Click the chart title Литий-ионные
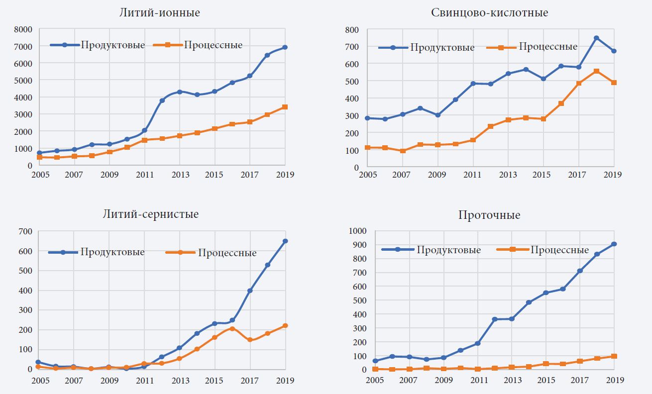coord(159,13)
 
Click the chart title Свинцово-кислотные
coord(489,13)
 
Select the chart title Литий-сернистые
coord(150,214)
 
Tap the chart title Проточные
coord(489,215)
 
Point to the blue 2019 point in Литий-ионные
coord(285,47)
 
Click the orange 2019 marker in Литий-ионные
coord(285,107)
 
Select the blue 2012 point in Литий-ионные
coord(162,100)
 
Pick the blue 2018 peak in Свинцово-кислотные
coord(596,38)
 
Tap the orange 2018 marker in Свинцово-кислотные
coord(596,71)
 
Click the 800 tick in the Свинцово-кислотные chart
coord(352,30)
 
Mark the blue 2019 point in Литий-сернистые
coord(285,241)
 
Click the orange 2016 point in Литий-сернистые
coord(232,328)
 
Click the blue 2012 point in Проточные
coord(495,319)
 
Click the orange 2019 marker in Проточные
coord(614,356)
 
